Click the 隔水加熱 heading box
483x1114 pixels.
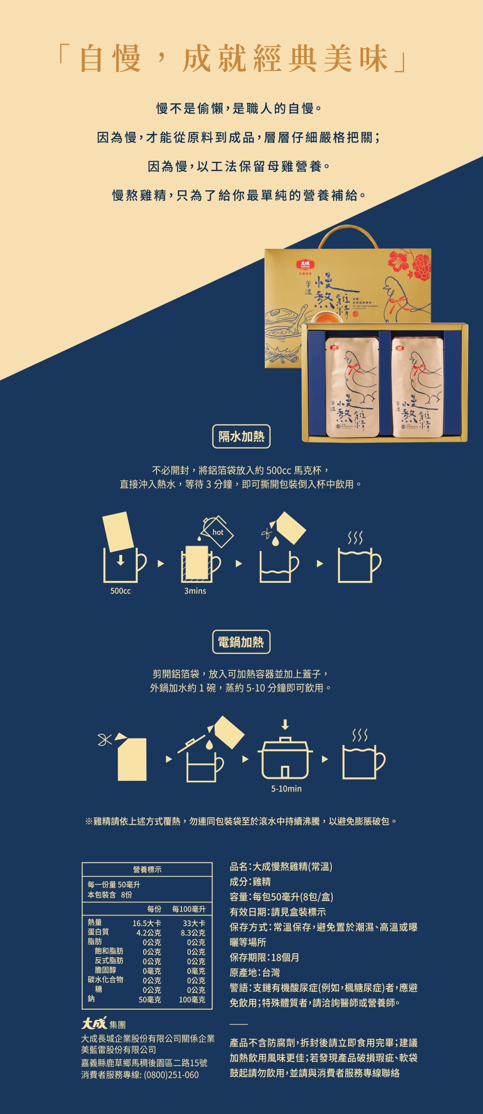click(241, 437)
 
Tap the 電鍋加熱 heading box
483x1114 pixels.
click(241, 642)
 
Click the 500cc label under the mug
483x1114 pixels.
click(120, 591)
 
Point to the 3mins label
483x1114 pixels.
click(195, 591)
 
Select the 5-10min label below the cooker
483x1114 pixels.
click(286, 789)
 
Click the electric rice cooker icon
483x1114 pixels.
click(285, 758)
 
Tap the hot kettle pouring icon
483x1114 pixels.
click(217, 532)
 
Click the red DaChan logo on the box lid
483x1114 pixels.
click(306, 265)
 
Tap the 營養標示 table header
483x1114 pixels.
click(147, 869)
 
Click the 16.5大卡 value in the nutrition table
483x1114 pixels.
click(147, 923)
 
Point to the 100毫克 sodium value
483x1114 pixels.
click(192, 1000)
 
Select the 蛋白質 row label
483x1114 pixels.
click(98, 932)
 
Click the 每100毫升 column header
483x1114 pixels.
click(189, 909)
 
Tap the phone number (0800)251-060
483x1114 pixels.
click(171, 1075)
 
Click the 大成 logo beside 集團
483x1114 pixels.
click(94, 1023)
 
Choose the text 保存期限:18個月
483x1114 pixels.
click(264, 958)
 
